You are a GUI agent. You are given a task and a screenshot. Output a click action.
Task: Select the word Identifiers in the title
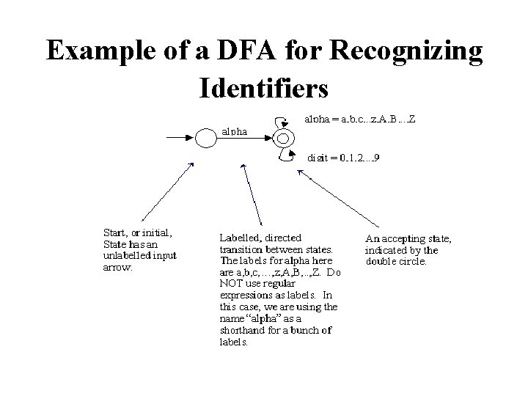tap(263, 88)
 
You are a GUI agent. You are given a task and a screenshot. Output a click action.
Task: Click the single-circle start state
tap(204, 138)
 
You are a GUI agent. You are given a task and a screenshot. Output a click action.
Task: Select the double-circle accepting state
tap(283, 138)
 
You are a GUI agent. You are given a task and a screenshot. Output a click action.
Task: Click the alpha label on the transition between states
tap(234, 132)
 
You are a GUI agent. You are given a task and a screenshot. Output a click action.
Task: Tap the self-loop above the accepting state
tap(279, 122)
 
